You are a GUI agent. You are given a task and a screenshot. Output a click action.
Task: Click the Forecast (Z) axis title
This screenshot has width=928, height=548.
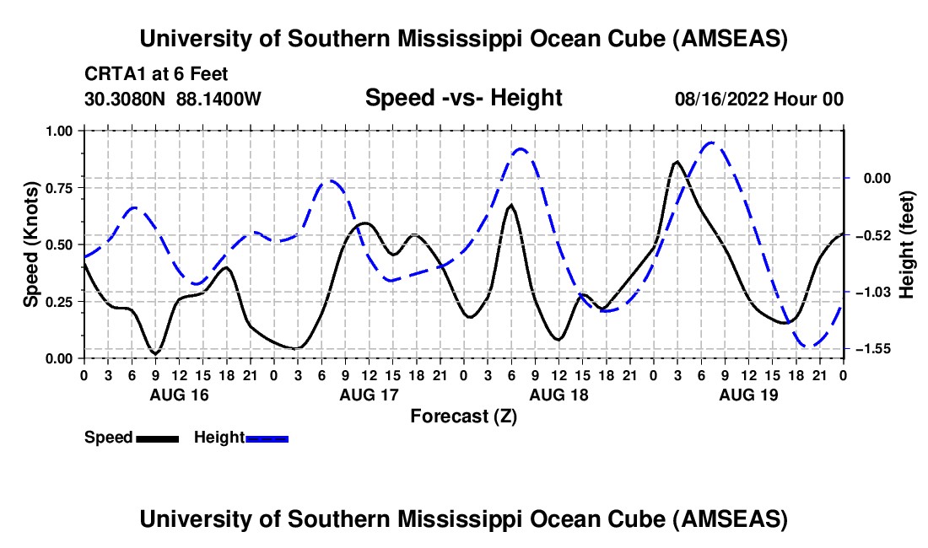tap(463, 416)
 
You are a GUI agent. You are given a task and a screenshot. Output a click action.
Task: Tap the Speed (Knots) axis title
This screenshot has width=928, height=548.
tap(31, 244)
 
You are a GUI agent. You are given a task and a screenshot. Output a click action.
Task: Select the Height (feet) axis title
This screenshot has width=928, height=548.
tap(908, 244)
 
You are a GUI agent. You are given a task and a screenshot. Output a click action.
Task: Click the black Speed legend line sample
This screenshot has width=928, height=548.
tap(157, 438)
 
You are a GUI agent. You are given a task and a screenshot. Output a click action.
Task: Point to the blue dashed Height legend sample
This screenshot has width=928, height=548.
tap(267, 438)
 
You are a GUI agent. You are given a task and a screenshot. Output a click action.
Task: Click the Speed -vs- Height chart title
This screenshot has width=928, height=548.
tap(463, 99)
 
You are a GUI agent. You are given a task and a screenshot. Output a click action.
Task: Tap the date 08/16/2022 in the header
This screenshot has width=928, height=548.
tap(719, 99)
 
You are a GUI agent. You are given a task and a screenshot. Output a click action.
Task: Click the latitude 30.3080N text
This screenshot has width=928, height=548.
tap(126, 99)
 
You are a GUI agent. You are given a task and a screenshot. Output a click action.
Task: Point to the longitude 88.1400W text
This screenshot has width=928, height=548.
tap(219, 99)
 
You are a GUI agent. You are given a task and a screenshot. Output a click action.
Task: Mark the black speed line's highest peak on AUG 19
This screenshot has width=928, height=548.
tap(677, 161)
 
